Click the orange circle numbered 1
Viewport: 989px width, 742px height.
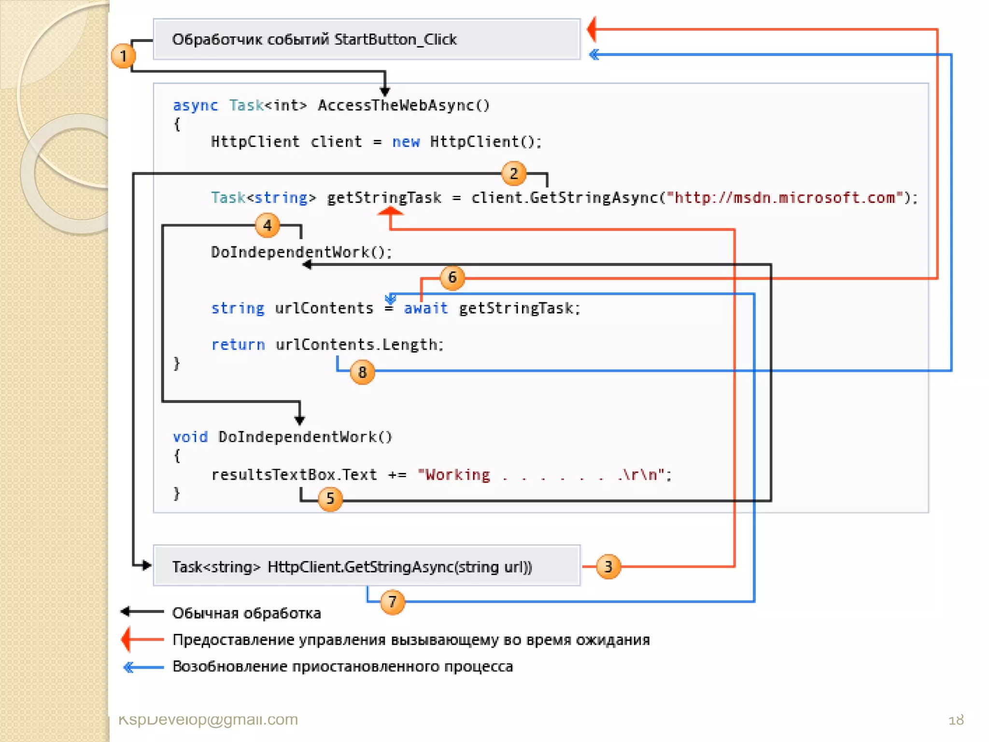pos(123,56)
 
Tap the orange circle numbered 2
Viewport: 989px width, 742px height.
pos(513,173)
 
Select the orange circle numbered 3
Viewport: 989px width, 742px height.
pos(608,566)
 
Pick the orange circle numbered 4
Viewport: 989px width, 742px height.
pos(267,226)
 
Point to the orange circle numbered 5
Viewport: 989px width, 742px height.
pos(330,498)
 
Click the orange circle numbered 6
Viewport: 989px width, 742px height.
pos(452,278)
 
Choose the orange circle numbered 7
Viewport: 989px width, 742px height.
pos(392,602)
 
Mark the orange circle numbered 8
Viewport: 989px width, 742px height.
pos(362,372)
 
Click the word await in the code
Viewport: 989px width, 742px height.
pos(425,308)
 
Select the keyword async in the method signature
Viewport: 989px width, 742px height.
pos(195,105)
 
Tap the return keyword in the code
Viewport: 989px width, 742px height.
pos(238,344)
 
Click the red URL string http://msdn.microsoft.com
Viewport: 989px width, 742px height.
pos(785,198)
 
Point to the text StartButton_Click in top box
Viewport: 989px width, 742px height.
pos(395,40)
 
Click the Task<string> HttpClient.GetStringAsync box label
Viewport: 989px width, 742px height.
pos(352,567)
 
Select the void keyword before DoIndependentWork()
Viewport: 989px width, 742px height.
pos(190,437)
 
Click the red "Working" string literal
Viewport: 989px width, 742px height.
pos(454,475)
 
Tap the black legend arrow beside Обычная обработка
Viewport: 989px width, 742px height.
pos(141,612)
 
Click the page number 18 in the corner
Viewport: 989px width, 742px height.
pos(956,720)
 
